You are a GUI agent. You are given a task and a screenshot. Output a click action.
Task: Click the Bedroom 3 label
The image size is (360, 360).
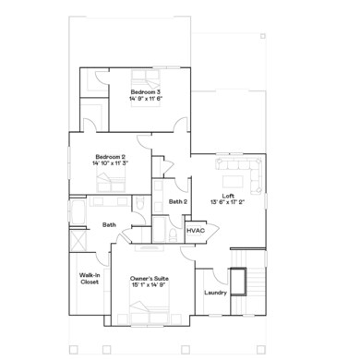click(x=145, y=92)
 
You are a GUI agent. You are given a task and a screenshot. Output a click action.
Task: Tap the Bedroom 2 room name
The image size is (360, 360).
click(x=109, y=157)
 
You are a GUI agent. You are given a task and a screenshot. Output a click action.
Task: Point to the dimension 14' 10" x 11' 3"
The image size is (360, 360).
click(x=109, y=164)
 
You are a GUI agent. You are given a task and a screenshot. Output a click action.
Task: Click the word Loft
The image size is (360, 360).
click(x=228, y=195)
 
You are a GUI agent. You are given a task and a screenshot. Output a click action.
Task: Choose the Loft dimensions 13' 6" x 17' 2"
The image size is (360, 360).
click(x=228, y=201)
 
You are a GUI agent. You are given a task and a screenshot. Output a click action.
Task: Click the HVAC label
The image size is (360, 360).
click(x=195, y=230)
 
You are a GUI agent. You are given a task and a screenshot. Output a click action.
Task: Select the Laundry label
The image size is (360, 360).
click(x=215, y=293)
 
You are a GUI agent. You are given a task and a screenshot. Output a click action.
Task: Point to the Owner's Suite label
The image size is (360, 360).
click(x=148, y=278)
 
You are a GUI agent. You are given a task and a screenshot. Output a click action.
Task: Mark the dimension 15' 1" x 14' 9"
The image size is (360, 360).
click(x=148, y=285)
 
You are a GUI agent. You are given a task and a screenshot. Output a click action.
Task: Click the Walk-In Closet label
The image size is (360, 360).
click(x=90, y=278)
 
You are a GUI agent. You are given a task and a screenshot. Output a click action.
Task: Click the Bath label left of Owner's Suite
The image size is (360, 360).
click(x=109, y=224)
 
